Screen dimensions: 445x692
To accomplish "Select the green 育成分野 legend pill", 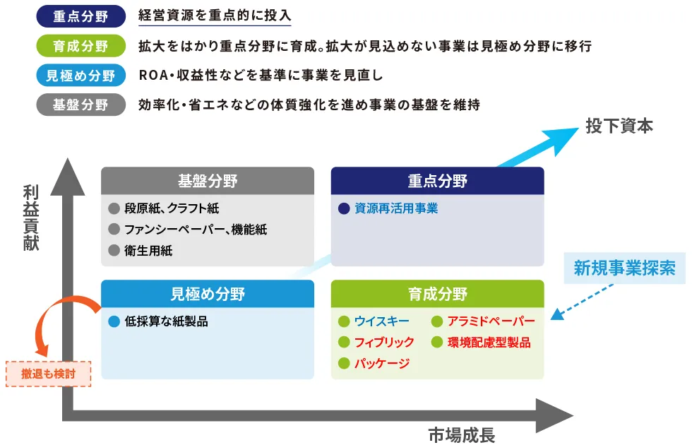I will (80, 46).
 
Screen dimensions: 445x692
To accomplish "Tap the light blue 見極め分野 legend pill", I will (80, 75).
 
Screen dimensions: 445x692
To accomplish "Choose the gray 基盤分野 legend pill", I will (80, 105).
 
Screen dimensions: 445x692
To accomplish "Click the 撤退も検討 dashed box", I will (48, 373).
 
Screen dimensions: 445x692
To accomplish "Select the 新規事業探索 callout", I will (624, 268).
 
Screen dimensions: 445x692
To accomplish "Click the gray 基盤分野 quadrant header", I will (207, 181).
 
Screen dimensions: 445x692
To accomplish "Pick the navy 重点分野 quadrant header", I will (437, 181).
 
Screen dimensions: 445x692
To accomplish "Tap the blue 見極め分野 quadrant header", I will (207, 294).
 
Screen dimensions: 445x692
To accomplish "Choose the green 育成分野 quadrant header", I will (437, 294).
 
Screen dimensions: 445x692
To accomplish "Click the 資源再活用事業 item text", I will (396, 208).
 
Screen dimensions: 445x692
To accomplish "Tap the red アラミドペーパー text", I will (491, 321).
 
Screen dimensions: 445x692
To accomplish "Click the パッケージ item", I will (381, 364).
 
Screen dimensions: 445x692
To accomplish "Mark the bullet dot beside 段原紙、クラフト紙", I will (114, 208).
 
